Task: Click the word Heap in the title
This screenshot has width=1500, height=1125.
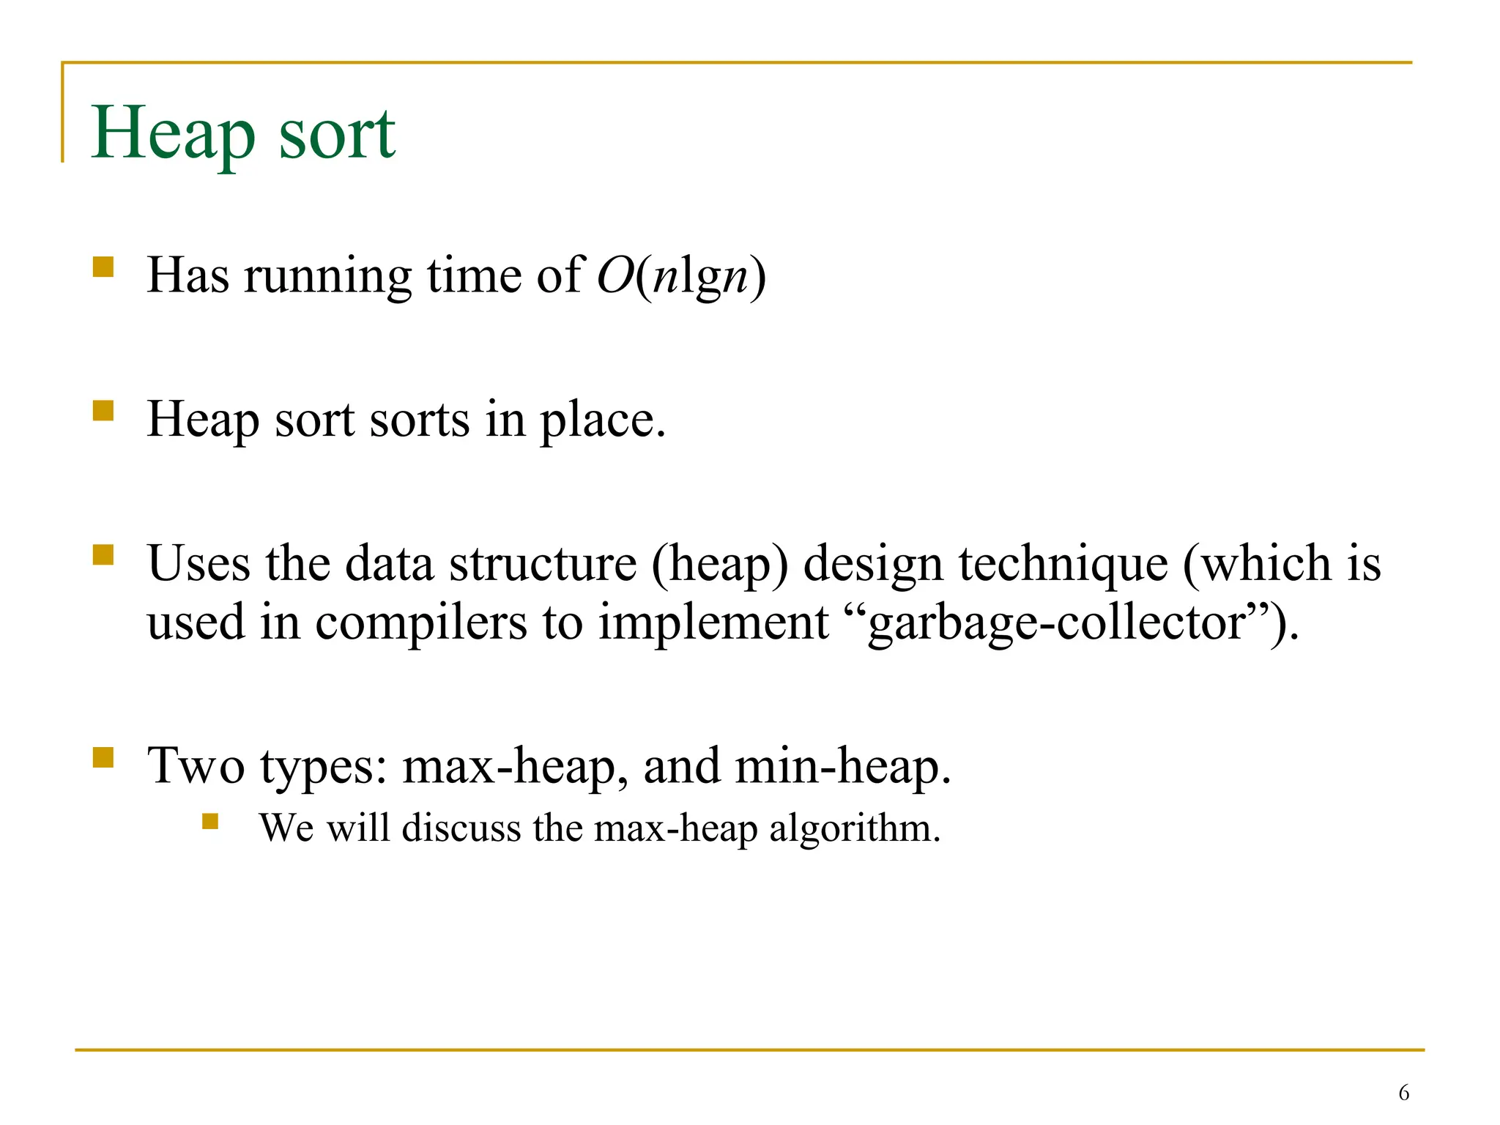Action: coord(173,133)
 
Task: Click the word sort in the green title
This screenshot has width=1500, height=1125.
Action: coord(337,133)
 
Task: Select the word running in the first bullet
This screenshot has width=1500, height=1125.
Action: coord(327,277)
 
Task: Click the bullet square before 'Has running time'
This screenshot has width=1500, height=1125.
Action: coord(103,266)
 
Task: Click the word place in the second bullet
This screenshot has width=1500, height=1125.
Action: coord(602,420)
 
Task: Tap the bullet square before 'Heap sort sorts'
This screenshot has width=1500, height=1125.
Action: coord(103,410)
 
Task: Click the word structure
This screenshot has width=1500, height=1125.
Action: coord(543,564)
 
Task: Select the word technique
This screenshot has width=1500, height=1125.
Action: coord(1063,564)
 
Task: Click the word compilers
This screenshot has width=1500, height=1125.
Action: coord(420,623)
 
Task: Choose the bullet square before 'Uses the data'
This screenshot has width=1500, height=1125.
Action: coord(103,554)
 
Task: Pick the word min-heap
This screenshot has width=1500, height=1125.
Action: coord(842,766)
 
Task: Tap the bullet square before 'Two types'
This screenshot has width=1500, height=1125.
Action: coord(103,757)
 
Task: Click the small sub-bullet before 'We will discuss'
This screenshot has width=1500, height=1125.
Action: coord(210,821)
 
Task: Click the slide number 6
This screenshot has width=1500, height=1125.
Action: coord(1403,1093)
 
